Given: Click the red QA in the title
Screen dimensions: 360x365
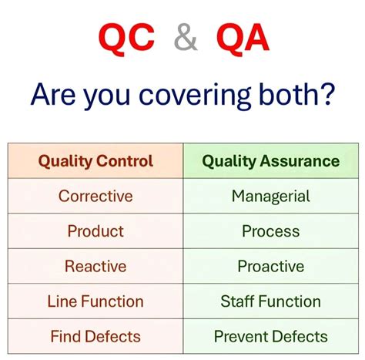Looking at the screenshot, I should click(x=242, y=37).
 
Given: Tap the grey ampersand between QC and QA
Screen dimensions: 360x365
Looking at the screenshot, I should click(x=186, y=38).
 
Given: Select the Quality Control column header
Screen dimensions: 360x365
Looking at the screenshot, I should click(x=95, y=161).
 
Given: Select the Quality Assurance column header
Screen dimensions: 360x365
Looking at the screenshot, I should click(x=270, y=161).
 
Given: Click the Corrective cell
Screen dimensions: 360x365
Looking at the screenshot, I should click(x=95, y=196).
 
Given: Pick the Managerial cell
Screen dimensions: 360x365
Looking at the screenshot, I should click(x=270, y=196).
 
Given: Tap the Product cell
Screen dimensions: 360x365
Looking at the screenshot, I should click(x=95, y=231).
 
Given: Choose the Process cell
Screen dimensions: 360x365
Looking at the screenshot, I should click(x=270, y=231).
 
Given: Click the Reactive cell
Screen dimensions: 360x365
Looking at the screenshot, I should click(x=95, y=266).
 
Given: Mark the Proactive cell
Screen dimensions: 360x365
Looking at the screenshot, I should click(x=270, y=266).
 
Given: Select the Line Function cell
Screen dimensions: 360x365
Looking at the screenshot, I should click(x=95, y=301).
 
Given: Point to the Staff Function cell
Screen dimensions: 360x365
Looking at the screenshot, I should click(x=270, y=301).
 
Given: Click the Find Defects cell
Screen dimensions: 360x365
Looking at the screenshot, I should click(x=95, y=336).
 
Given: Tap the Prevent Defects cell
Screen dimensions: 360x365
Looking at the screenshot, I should click(x=270, y=336).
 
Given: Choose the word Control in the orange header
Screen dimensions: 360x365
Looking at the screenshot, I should click(x=124, y=161).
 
